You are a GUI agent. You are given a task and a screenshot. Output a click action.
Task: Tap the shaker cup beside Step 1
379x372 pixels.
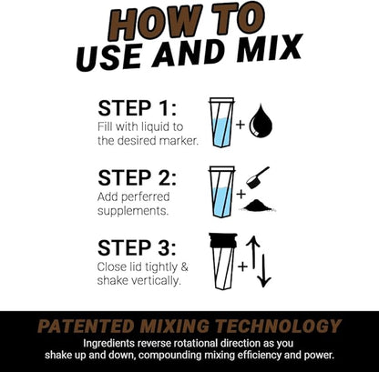221,122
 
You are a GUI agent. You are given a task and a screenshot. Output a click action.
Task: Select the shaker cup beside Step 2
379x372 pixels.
221,191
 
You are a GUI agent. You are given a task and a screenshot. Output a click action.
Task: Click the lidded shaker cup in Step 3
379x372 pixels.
221,261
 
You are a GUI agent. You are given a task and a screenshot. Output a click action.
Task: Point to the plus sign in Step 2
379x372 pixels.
241,194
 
